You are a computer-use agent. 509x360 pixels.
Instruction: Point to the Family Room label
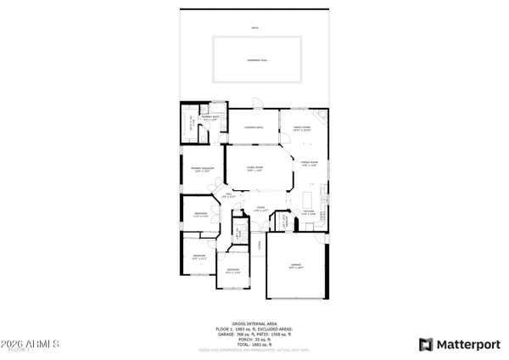pyautogui.click(x=302, y=129)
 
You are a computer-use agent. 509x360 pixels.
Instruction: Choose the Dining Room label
pyautogui.click(x=308, y=164)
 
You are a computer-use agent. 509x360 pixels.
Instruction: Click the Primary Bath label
pyautogui.click(x=211, y=118)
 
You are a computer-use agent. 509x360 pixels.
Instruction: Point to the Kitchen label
pyautogui.click(x=309, y=212)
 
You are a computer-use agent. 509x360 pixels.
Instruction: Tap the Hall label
pyautogui.click(x=227, y=196)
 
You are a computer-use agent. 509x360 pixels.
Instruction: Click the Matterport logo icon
pyautogui.click(x=427, y=344)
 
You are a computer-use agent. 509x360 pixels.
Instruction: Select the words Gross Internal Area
pyautogui.click(x=255, y=325)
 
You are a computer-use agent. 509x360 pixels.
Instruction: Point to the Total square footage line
pyautogui.click(x=255, y=343)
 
